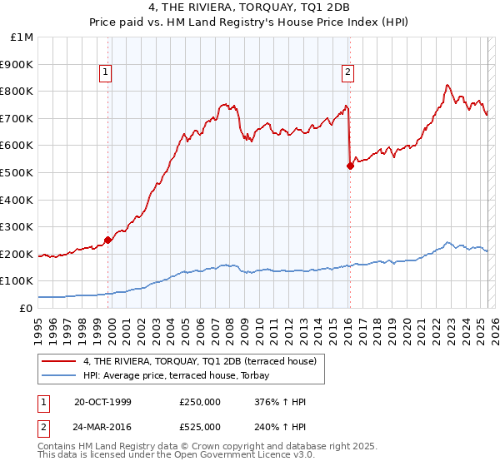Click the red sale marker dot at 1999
pos(108,240)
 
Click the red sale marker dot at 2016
pos(350,166)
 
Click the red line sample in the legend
pos(59,361)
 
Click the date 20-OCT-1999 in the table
pos(102,402)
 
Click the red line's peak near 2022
pos(447,85)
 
